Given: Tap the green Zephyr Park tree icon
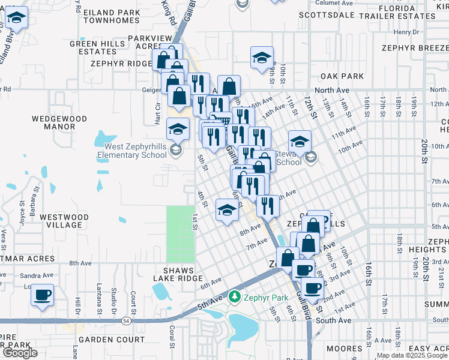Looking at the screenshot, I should click(235, 296).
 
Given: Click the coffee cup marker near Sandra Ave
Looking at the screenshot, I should click(42, 295).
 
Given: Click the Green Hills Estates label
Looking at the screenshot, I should click(97, 47).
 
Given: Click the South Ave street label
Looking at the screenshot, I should click(333, 320).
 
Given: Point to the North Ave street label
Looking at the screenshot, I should click(331, 90).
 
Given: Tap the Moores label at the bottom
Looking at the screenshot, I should click(345, 349).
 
